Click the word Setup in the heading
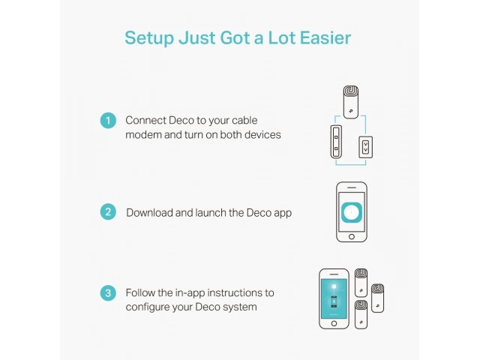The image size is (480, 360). (x=149, y=38)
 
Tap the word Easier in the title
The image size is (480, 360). (x=325, y=37)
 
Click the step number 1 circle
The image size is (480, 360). (x=108, y=120)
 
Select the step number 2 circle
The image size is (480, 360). (x=108, y=211)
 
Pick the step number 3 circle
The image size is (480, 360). (x=108, y=293)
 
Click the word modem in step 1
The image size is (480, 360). (x=143, y=135)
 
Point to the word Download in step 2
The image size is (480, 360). (x=149, y=212)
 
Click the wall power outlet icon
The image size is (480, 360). (x=365, y=147)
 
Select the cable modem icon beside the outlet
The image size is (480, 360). (x=336, y=142)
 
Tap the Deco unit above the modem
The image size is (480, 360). (x=351, y=102)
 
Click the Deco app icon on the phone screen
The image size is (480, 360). (x=352, y=212)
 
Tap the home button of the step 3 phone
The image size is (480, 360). (x=334, y=323)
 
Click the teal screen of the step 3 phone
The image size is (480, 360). (x=334, y=298)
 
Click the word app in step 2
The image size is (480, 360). (x=283, y=213)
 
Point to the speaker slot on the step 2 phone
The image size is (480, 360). (x=352, y=187)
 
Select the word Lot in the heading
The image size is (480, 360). (x=281, y=37)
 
